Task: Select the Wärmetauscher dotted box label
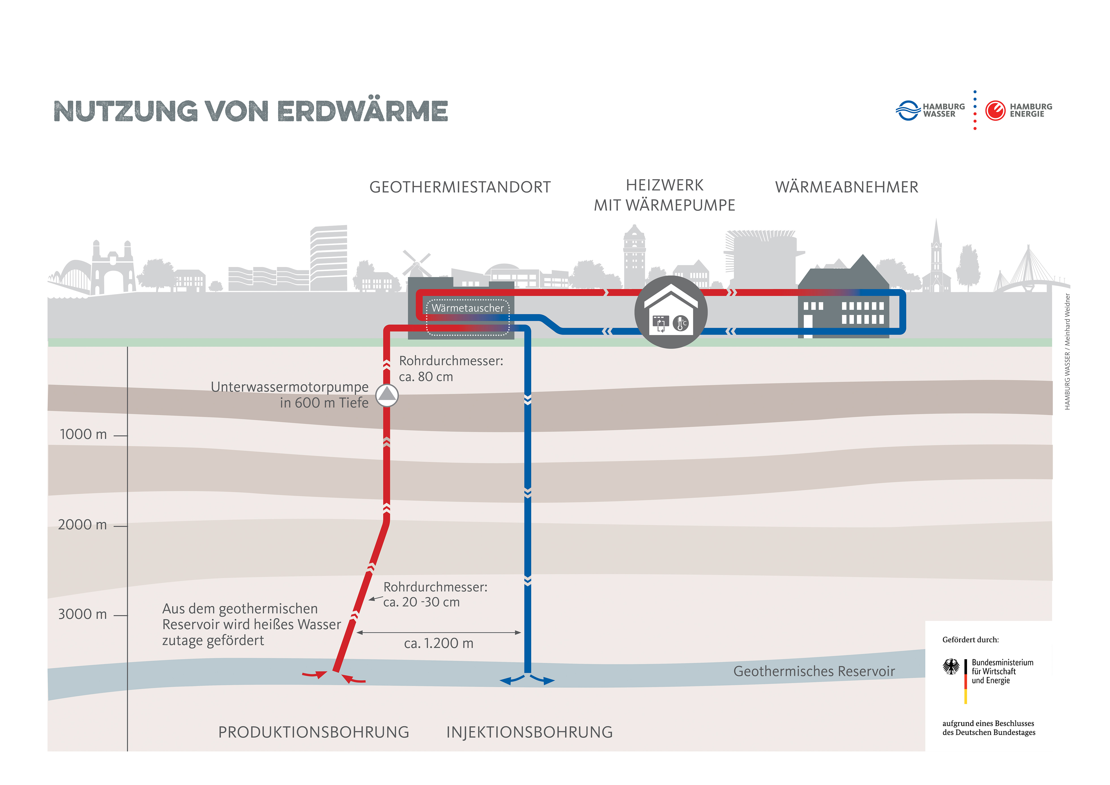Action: pos(467,308)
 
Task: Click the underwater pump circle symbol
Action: pos(387,395)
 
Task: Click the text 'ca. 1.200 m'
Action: pos(439,643)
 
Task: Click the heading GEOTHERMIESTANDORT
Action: pos(460,187)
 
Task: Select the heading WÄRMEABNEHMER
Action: pos(846,187)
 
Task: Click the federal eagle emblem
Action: pos(951,667)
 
